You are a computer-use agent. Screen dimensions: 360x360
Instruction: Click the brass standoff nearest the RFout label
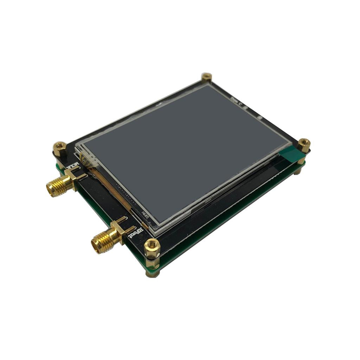coord(152,247)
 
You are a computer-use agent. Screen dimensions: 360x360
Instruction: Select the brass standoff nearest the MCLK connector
coord(60,148)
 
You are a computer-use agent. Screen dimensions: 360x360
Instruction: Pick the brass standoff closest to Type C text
coord(206,77)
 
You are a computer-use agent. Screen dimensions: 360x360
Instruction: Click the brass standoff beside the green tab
coord(303,145)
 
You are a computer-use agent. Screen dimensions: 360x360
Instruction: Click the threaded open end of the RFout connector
coord(97,245)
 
